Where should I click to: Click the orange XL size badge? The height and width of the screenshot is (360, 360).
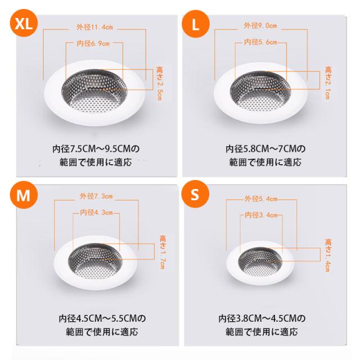(24, 23)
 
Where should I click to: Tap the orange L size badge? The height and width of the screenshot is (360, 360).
(196, 24)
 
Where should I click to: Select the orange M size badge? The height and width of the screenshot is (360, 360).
(24, 195)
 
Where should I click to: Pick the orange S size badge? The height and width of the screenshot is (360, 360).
(195, 194)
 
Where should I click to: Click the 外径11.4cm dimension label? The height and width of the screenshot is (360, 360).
(94, 28)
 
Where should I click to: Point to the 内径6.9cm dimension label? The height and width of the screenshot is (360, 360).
(93, 43)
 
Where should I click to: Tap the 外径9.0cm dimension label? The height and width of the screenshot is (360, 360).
(260, 25)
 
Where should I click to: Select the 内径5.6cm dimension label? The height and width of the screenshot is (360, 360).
(260, 42)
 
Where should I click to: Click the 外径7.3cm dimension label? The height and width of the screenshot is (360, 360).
(96, 196)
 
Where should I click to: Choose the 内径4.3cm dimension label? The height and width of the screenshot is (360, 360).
(96, 213)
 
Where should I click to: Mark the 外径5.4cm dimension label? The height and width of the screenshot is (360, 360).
(261, 199)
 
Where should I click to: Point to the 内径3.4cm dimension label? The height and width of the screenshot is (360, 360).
(261, 215)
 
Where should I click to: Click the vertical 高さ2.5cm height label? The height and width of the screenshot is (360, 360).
(159, 83)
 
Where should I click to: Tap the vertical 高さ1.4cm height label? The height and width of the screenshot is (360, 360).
(328, 255)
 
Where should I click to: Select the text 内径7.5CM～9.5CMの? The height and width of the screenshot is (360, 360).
(96, 148)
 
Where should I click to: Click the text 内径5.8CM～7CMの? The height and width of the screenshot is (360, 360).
(265, 148)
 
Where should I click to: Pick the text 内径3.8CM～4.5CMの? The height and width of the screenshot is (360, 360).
(262, 318)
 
